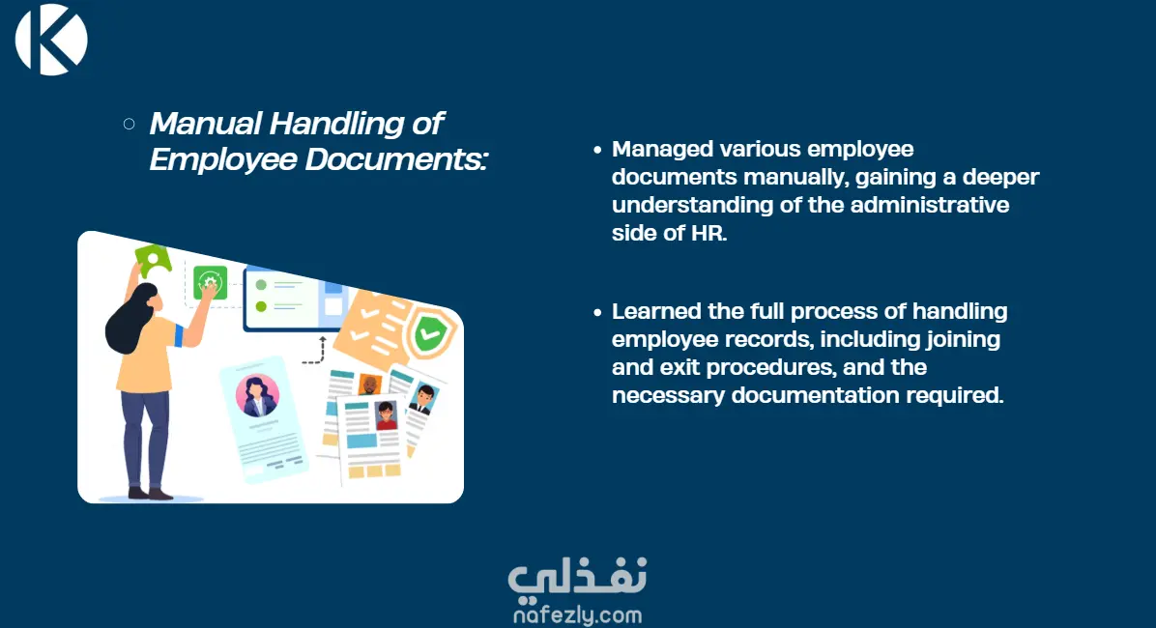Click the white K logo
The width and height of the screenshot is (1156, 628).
(51, 39)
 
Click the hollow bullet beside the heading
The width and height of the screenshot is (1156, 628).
(129, 124)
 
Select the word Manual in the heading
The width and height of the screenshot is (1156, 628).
(206, 123)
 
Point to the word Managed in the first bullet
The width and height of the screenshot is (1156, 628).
(662, 150)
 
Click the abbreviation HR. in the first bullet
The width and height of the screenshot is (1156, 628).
(708, 233)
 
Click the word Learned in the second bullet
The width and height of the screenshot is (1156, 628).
(656, 311)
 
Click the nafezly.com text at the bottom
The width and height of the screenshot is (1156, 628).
(577, 614)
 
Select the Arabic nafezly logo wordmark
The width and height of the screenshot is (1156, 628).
(577, 576)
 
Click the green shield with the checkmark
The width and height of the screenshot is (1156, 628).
(429, 334)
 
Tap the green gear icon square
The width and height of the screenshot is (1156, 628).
(210, 282)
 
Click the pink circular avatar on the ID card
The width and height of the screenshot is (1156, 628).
(257, 396)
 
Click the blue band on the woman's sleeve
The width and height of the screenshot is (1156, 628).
(179, 336)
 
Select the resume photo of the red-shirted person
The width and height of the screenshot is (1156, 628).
(387, 415)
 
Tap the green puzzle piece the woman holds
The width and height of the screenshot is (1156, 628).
(153, 261)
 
